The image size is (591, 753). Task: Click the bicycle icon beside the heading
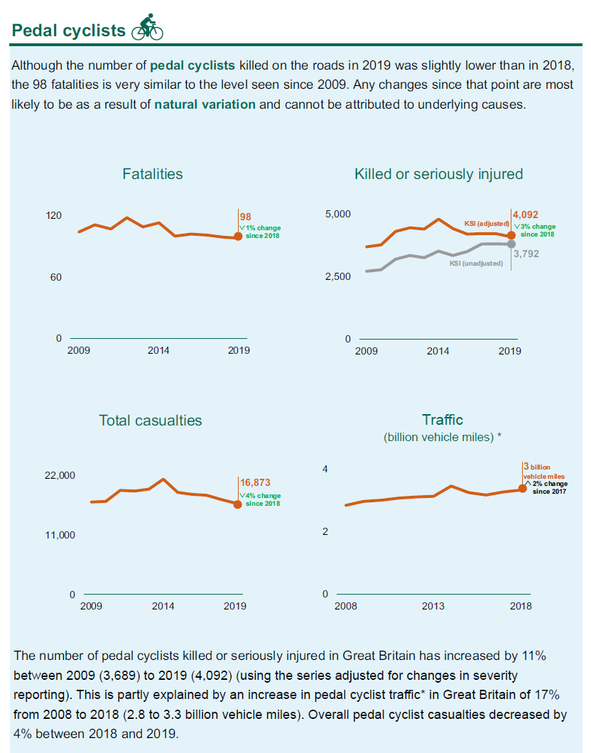148,28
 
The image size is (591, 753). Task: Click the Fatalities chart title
152,174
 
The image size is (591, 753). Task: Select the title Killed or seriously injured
438,174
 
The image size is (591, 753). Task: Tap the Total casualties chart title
150,421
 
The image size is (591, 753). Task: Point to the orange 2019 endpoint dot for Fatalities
238,237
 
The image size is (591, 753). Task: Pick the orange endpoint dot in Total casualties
238,504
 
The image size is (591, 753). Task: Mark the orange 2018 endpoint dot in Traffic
522,488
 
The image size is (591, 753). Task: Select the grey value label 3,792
526,253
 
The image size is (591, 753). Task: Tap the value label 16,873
255,482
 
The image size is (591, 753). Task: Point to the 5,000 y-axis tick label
337,214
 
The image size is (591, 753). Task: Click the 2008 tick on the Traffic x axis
346,606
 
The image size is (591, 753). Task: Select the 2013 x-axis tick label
433,606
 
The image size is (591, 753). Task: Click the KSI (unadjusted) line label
476,264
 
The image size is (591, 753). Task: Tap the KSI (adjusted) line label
485,224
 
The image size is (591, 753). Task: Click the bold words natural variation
205,104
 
